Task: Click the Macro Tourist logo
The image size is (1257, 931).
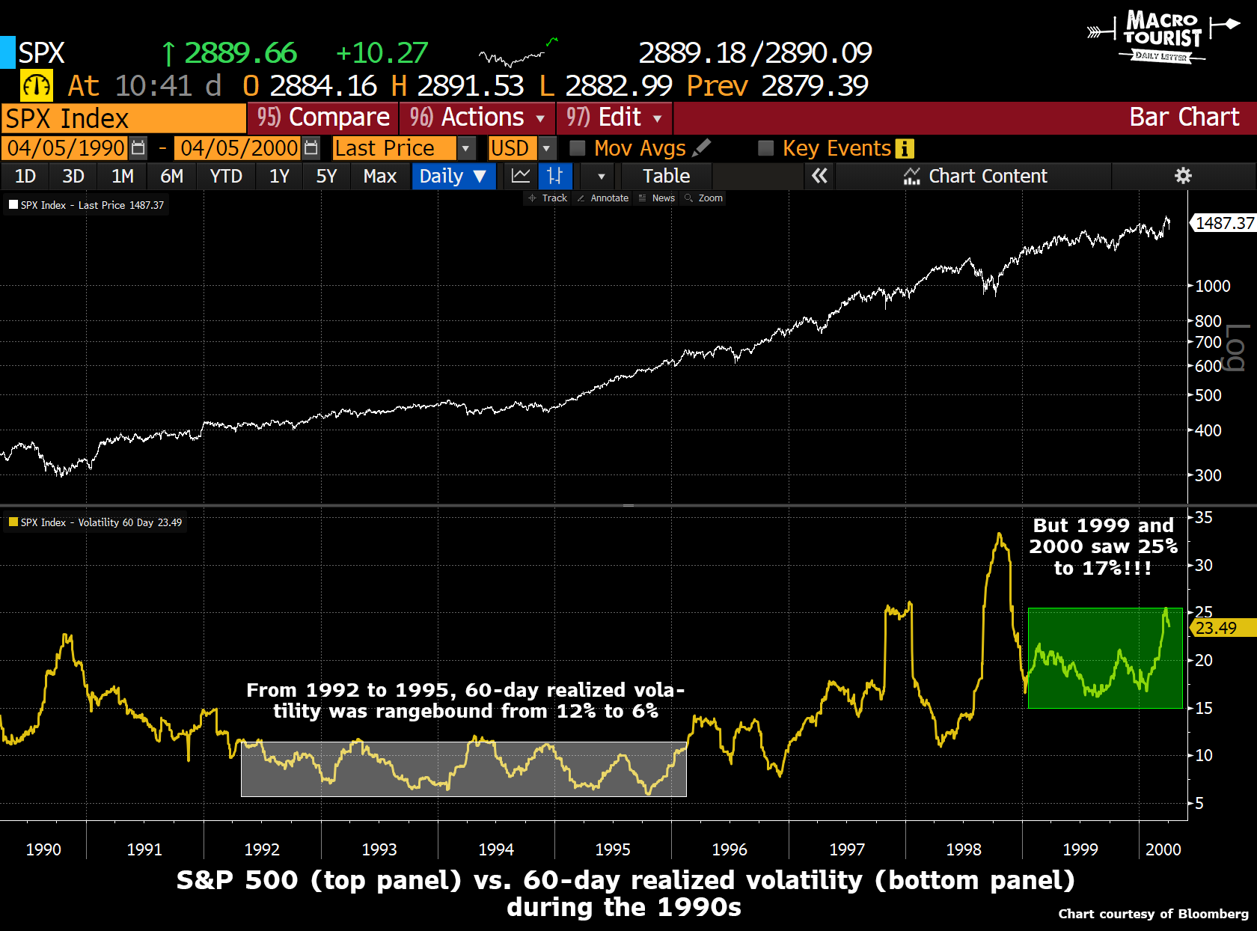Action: click(x=1162, y=36)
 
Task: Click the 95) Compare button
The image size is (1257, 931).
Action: click(x=323, y=117)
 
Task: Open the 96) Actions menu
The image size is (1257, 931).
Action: click(x=477, y=117)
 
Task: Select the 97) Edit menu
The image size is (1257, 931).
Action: click(x=614, y=117)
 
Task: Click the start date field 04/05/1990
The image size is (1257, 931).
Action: click(x=66, y=148)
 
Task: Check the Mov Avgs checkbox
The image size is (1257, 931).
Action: click(x=578, y=148)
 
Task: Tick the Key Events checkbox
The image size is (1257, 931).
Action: click(x=765, y=148)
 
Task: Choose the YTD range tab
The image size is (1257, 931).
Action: click(x=226, y=177)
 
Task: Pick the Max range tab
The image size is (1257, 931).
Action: click(x=379, y=177)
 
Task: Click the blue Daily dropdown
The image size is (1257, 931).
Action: click(x=453, y=177)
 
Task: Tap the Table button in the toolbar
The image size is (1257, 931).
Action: click(x=666, y=177)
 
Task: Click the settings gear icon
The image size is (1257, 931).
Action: click(x=1183, y=176)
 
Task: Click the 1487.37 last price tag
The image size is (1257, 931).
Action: click(x=1224, y=223)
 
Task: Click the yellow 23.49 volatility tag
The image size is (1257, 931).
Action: click(x=1217, y=628)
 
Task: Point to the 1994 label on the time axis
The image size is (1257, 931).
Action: click(x=496, y=849)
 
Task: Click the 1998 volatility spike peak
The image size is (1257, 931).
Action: click(x=999, y=534)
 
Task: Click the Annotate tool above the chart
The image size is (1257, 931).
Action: click(x=604, y=198)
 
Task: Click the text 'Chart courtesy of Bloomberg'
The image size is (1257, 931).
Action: click(x=1153, y=914)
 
